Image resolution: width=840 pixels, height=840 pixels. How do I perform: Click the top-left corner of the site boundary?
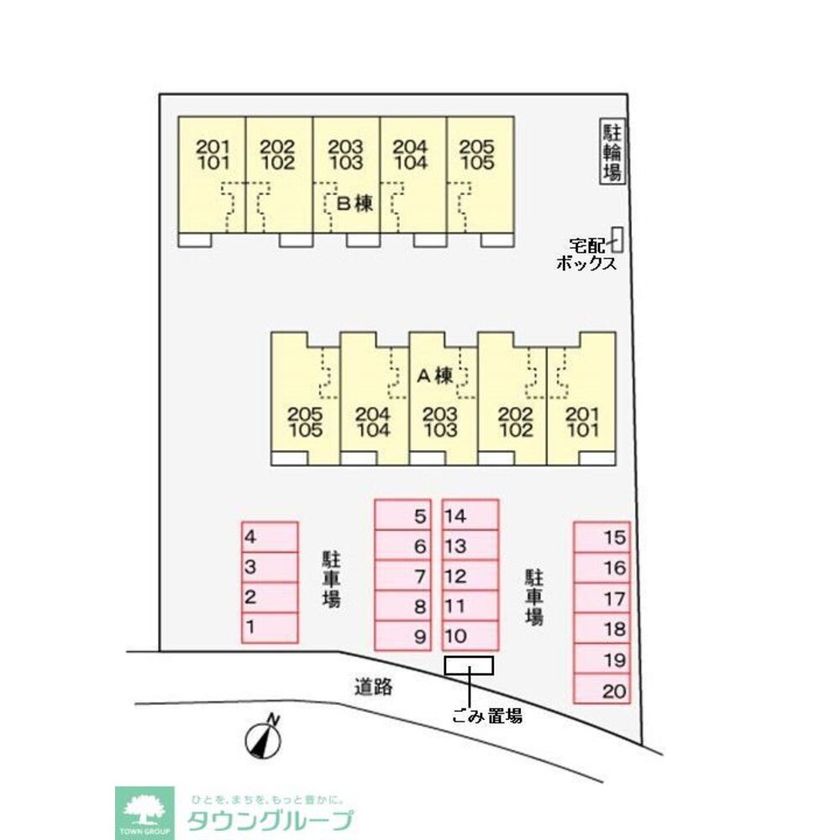click(x=160, y=95)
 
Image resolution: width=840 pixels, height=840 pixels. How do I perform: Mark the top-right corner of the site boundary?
click(x=627, y=95)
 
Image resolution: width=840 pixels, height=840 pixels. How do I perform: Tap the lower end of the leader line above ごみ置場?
click(x=470, y=707)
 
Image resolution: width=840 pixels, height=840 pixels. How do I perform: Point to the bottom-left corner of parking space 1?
click(x=242, y=643)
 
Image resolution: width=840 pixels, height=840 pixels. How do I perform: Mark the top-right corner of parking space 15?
click(x=630, y=522)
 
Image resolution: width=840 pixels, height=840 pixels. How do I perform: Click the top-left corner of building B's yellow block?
click(x=178, y=117)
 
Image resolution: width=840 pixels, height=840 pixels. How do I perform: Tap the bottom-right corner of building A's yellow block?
click(x=616, y=465)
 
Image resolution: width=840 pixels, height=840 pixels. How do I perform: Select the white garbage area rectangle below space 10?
click(x=469, y=666)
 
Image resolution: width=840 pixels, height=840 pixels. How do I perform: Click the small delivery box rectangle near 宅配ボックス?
click(x=617, y=239)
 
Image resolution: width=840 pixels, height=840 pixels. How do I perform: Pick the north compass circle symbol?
click(x=263, y=742)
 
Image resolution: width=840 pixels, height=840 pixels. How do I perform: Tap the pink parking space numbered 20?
click(x=601, y=689)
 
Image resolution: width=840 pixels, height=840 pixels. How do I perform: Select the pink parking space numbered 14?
click(x=470, y=515)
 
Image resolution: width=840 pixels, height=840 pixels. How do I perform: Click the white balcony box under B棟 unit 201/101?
click(x=195, y=240)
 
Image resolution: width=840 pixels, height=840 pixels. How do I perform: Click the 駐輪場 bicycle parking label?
click(x=612, y=151)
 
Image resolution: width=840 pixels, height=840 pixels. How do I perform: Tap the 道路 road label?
click(x=374, y=686)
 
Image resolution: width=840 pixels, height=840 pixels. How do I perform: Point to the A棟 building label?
click(x=435, y=375)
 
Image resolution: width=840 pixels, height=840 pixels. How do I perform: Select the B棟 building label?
click(x=354, y=203)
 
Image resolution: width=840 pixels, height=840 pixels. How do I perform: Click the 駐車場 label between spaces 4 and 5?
click(x=332, y=579)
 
